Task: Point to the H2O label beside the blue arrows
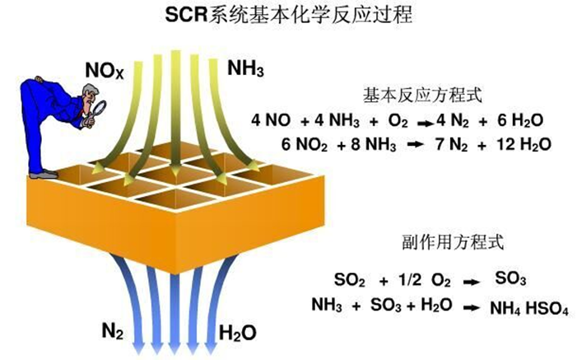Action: [x=238, y=332]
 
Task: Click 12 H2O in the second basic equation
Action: [x=517, y=144]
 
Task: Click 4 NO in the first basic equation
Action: [x=272, y=121]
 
